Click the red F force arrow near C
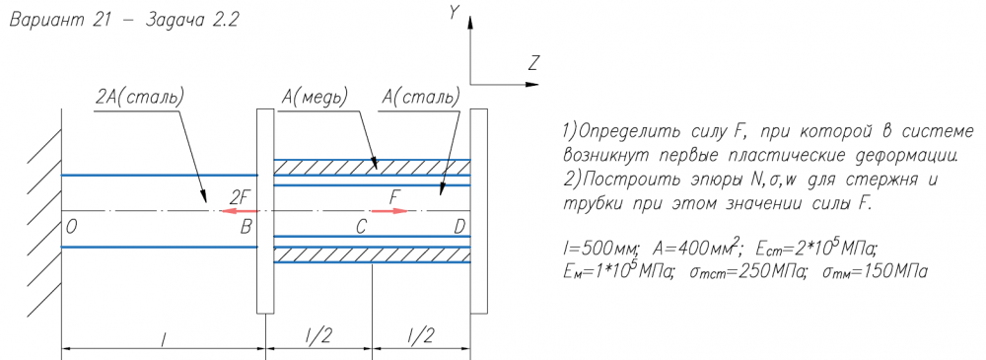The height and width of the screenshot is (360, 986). click(x=389, y=211)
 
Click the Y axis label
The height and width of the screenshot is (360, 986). click(x=453, y=13)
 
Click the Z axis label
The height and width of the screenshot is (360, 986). click(x=534, y=63)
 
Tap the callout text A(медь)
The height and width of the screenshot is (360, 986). click(x=316, y=98)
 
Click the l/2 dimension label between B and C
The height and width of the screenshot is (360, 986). click(x=318, y=336)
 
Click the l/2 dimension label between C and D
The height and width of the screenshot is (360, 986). click(x=420, y=336)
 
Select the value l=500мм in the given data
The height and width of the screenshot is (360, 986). click(x=601, y=250)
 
